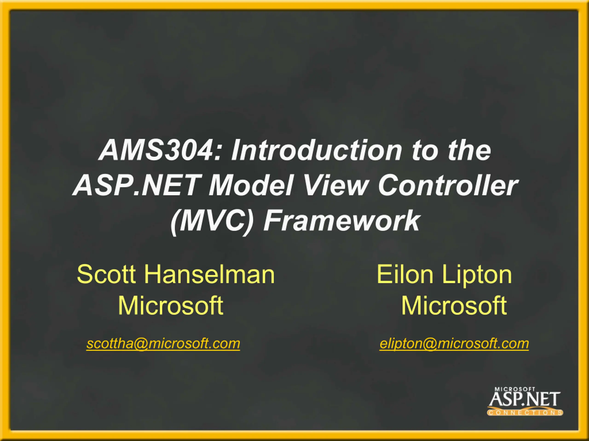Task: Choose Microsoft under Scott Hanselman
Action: pyautogui.click(x=171, y=305)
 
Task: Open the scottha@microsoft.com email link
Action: pyautogui.click(x=163, y=344)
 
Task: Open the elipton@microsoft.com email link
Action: pyautogui.click(x=454, y=344)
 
